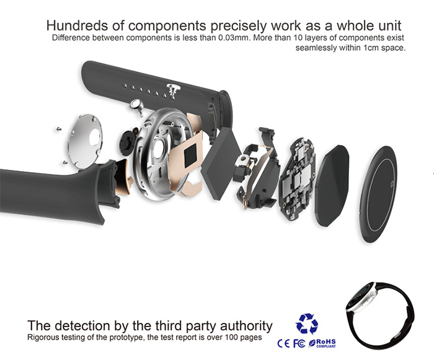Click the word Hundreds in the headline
[77, 26]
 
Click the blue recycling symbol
[307, 323]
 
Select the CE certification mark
[284, 344]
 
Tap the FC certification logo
[299, 344]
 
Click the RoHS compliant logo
[322, 343]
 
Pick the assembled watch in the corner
[379, 315]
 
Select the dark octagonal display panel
[332, 185]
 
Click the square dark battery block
[218, 164]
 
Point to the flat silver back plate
[85, 141]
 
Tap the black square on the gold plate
[191, 157]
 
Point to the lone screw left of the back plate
[59, 129]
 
